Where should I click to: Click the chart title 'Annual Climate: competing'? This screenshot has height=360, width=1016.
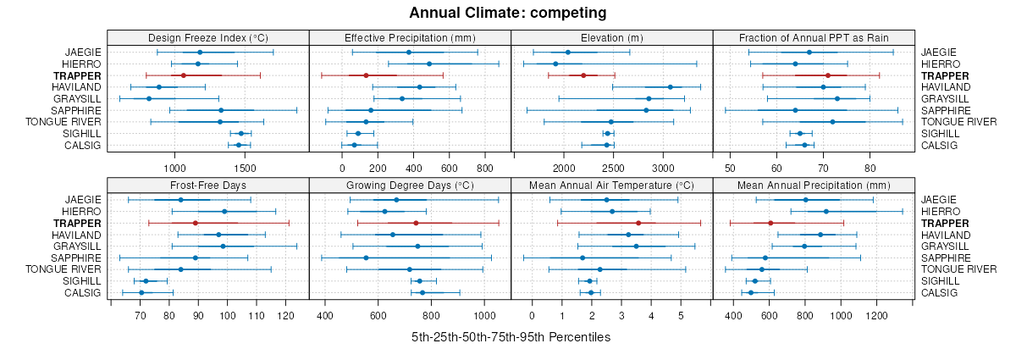(507, 13)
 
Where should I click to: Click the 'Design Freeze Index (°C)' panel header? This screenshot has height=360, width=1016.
(207, 37)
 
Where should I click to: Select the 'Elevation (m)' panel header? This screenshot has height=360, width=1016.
(611, 37)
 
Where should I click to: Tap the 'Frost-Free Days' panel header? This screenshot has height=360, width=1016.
(207, 185)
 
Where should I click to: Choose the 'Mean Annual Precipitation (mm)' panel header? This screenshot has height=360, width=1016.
(814, 185)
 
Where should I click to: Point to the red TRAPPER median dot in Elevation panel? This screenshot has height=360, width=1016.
(583, 75)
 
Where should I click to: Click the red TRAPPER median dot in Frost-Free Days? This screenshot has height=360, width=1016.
(195, 223)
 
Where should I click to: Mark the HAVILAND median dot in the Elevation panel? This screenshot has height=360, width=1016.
(670, 87)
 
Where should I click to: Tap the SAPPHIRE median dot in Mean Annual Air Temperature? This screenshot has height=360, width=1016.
(583, 258)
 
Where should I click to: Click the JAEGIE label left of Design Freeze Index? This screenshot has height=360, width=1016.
(83, 53)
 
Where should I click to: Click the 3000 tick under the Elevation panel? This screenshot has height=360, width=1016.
(663, 168)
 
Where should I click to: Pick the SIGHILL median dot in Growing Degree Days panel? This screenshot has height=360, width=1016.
(419, 281)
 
